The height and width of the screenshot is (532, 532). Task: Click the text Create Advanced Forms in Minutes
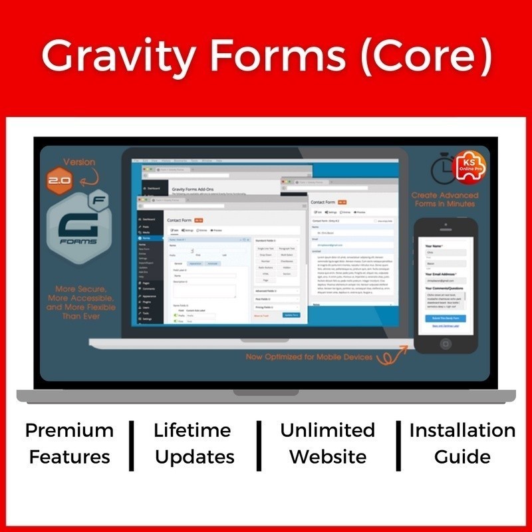pos(444,199)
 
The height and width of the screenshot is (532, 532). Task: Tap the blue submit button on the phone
pos(445,319)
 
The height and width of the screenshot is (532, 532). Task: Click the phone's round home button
pos(445,344)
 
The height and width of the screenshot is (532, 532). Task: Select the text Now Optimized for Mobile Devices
pos(308,357)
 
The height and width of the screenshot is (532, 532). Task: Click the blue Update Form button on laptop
pos(291,315)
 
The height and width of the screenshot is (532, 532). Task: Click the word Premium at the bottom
pos(70,430)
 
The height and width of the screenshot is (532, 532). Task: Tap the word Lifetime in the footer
pos(194,430)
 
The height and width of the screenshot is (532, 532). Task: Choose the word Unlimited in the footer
pos(327,430)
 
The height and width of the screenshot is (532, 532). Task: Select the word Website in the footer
pos(327,457)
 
